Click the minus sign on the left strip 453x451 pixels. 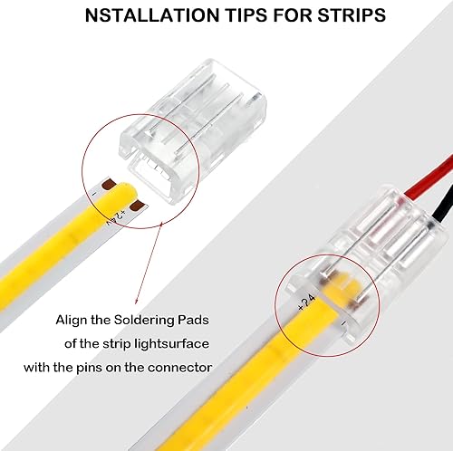[96, 189]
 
